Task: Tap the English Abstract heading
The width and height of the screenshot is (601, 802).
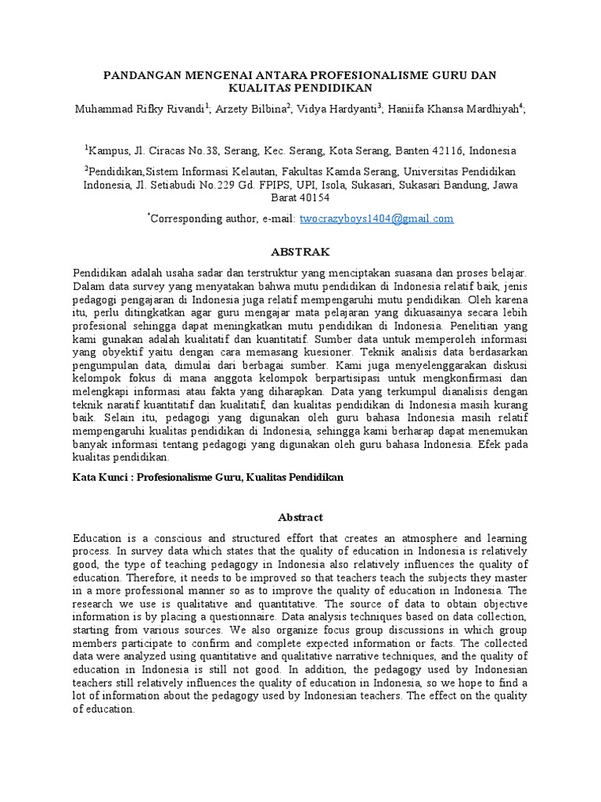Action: click(300, 518)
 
